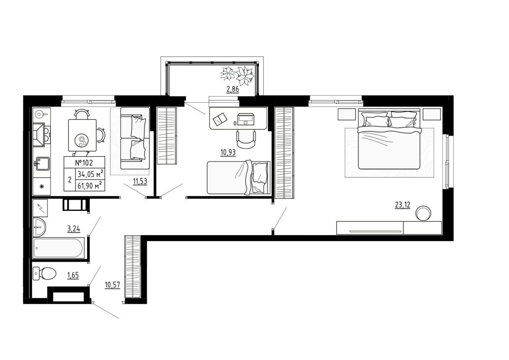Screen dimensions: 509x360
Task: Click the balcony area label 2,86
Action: [x=233, y=89]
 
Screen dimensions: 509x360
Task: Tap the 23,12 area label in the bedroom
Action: [x=402, y=205]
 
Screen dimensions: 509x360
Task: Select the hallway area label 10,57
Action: [x=112, y=285]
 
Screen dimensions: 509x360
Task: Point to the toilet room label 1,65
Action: [x=73, y=275]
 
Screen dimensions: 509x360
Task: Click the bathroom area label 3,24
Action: [x=74, y=229]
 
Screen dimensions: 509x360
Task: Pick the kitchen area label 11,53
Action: [x=140, y=181]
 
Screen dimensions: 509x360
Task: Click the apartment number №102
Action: [x=84, y=163]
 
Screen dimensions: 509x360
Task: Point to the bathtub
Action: [x=58, y=248]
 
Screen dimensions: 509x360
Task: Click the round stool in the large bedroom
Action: [x=423, y=213]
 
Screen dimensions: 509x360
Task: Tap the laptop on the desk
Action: [x=246, y=119]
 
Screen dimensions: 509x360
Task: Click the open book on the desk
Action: [x=220, y=119]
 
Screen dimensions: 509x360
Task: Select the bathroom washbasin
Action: [x=39, y=227]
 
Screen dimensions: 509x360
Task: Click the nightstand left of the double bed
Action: [x=346, y=114]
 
